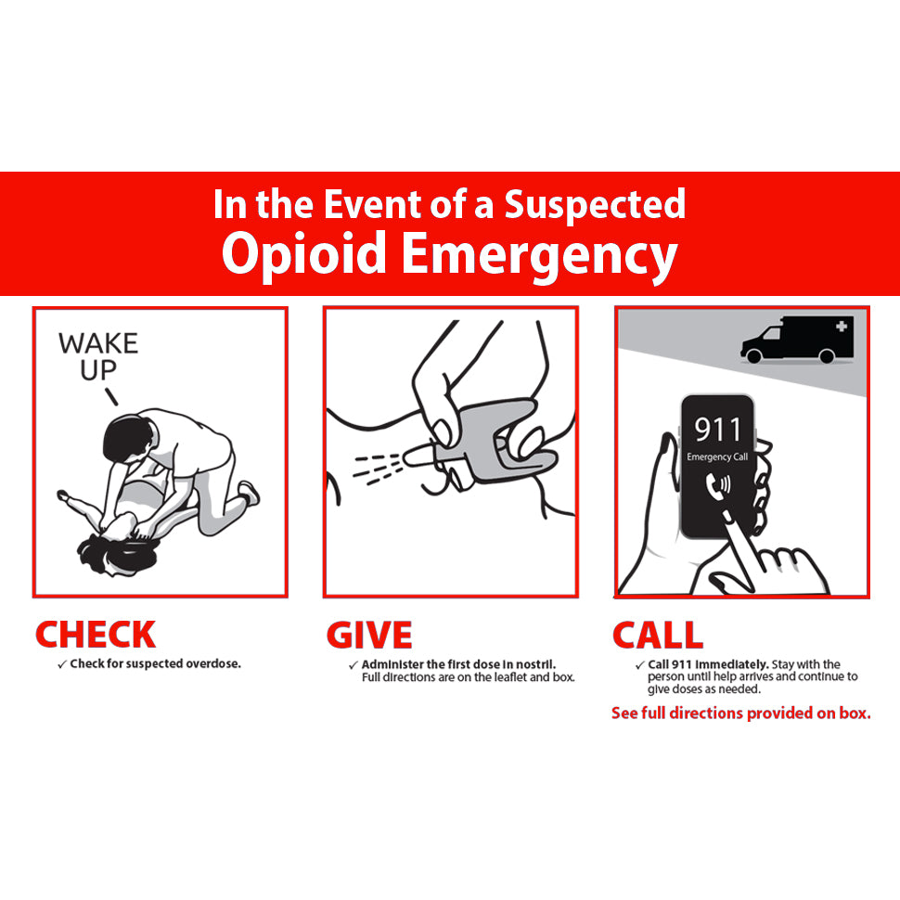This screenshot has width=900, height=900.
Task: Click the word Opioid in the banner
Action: pos(303,254)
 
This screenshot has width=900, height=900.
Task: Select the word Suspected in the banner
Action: pos(595,204)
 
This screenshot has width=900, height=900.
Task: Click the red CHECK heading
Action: pos(96,635)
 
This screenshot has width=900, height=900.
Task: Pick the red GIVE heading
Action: pos(369,635)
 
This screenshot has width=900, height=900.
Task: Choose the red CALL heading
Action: pos(657,635)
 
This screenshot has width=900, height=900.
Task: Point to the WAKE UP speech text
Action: pos(98,356)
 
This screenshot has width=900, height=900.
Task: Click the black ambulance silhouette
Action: pos(797,340)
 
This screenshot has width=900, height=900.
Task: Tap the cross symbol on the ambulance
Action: pos(842,326)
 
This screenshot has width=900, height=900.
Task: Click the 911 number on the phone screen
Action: pos(717,430)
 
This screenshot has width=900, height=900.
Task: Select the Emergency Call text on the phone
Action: pos(717,456)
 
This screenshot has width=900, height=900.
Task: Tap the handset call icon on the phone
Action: pos(717,485)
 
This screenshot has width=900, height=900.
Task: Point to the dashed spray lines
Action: pos(378,468)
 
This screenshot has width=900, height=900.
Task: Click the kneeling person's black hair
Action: pos(128,440)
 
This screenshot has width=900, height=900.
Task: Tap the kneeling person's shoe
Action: pos(250,493)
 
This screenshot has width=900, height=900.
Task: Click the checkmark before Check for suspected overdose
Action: pos(62,664)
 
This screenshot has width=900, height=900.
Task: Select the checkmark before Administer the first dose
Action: pos(353,665)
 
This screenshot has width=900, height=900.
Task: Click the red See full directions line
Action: pos(741,713)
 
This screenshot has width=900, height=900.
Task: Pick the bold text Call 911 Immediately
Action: pos(708,664)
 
